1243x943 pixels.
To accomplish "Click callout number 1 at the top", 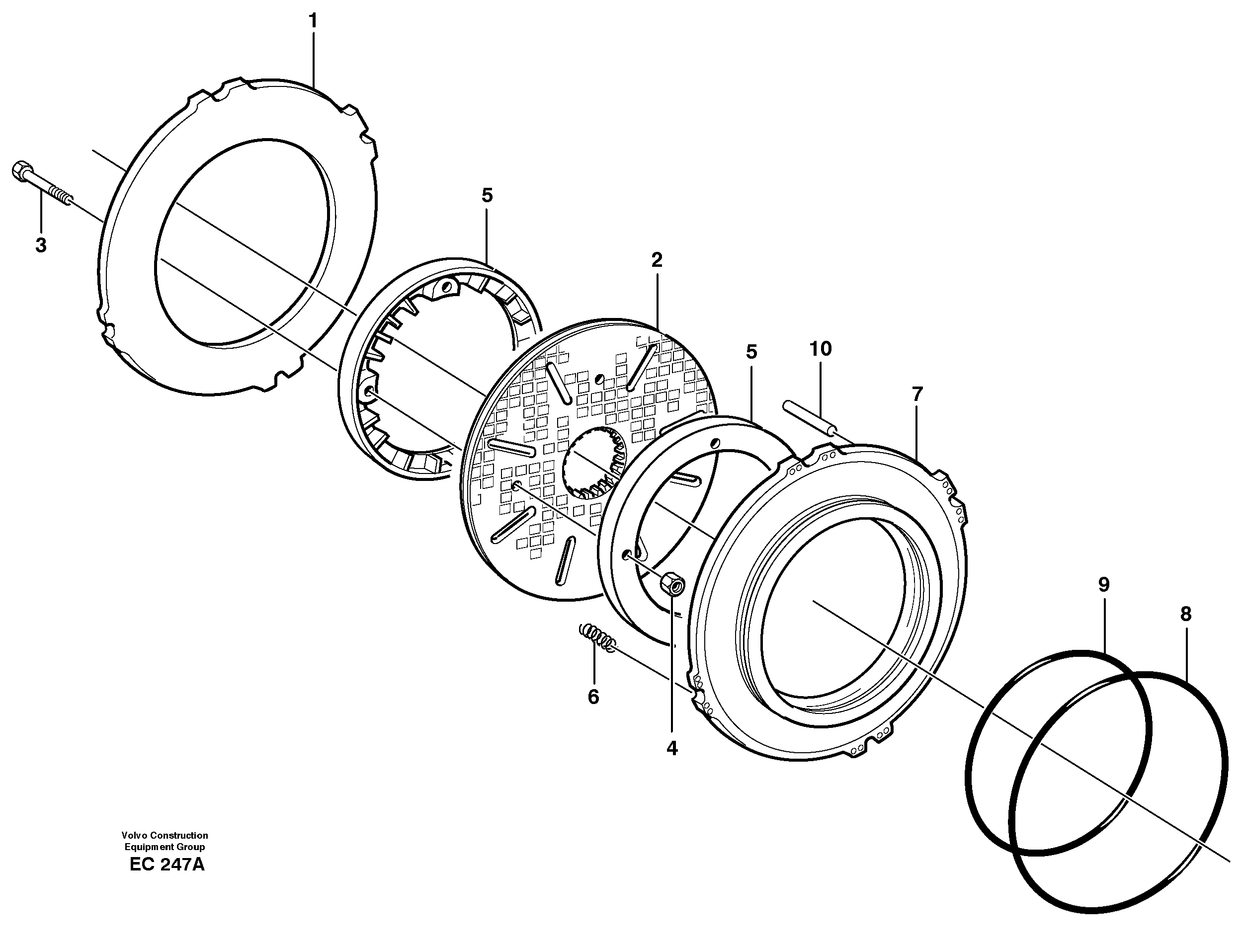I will click(x=313, y=21).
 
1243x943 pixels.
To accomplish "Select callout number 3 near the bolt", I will click(x=40, y=245).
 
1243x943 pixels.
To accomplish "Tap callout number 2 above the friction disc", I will click(x=657, y=260).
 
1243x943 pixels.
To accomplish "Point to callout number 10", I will click(x=820, y=349).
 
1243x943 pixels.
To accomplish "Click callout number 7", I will click(x=917, y=394).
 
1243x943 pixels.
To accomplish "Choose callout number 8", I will click(x=1186, y=615).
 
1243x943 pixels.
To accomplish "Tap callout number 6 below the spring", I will click(x=593, y=697).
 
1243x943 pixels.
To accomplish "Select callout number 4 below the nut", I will click(x=672, y=748).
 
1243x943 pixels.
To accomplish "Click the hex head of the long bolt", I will click(x=19, y=169).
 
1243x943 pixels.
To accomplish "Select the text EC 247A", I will click(x=167, y=864).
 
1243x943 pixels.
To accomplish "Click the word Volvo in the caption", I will click(x=133, y=835).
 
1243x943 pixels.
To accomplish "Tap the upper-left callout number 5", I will click(x=487, y=196).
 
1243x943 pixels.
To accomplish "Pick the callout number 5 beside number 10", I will click(x=751, y=352).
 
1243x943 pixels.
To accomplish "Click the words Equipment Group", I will click(x=165, y=847).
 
